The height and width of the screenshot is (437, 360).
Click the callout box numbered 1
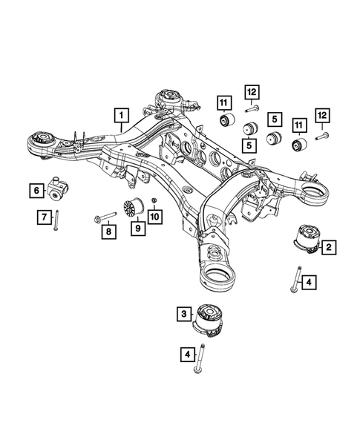click(x=120, y=116)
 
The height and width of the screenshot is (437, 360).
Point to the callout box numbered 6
click(x=36, y=191)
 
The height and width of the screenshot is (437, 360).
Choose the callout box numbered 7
click(x=44, y=217)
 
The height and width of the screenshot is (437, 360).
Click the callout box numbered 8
click(x=108, y=231)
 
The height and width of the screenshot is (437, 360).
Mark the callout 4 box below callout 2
click(x=310, y=281)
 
